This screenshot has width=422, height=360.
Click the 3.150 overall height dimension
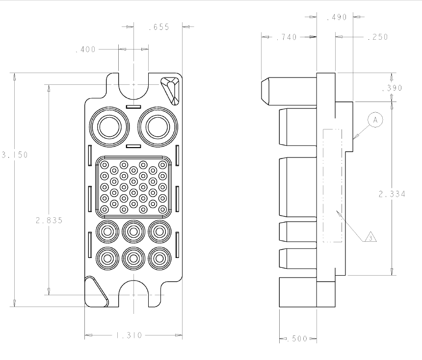coord(15,154)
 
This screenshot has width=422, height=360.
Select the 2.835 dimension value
coord(49,220)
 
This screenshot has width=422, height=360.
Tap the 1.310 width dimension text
coord(129,335)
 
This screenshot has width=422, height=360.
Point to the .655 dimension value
coord(159,27)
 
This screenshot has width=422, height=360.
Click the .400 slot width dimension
coord(85,49)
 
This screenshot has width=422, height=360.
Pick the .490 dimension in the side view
coord(337,17)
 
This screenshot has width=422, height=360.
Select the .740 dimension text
coord(287,37)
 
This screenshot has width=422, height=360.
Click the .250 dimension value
coord(378,37)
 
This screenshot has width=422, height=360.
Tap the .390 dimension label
coord(392,88)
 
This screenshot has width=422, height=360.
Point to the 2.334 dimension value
coord(392,194)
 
